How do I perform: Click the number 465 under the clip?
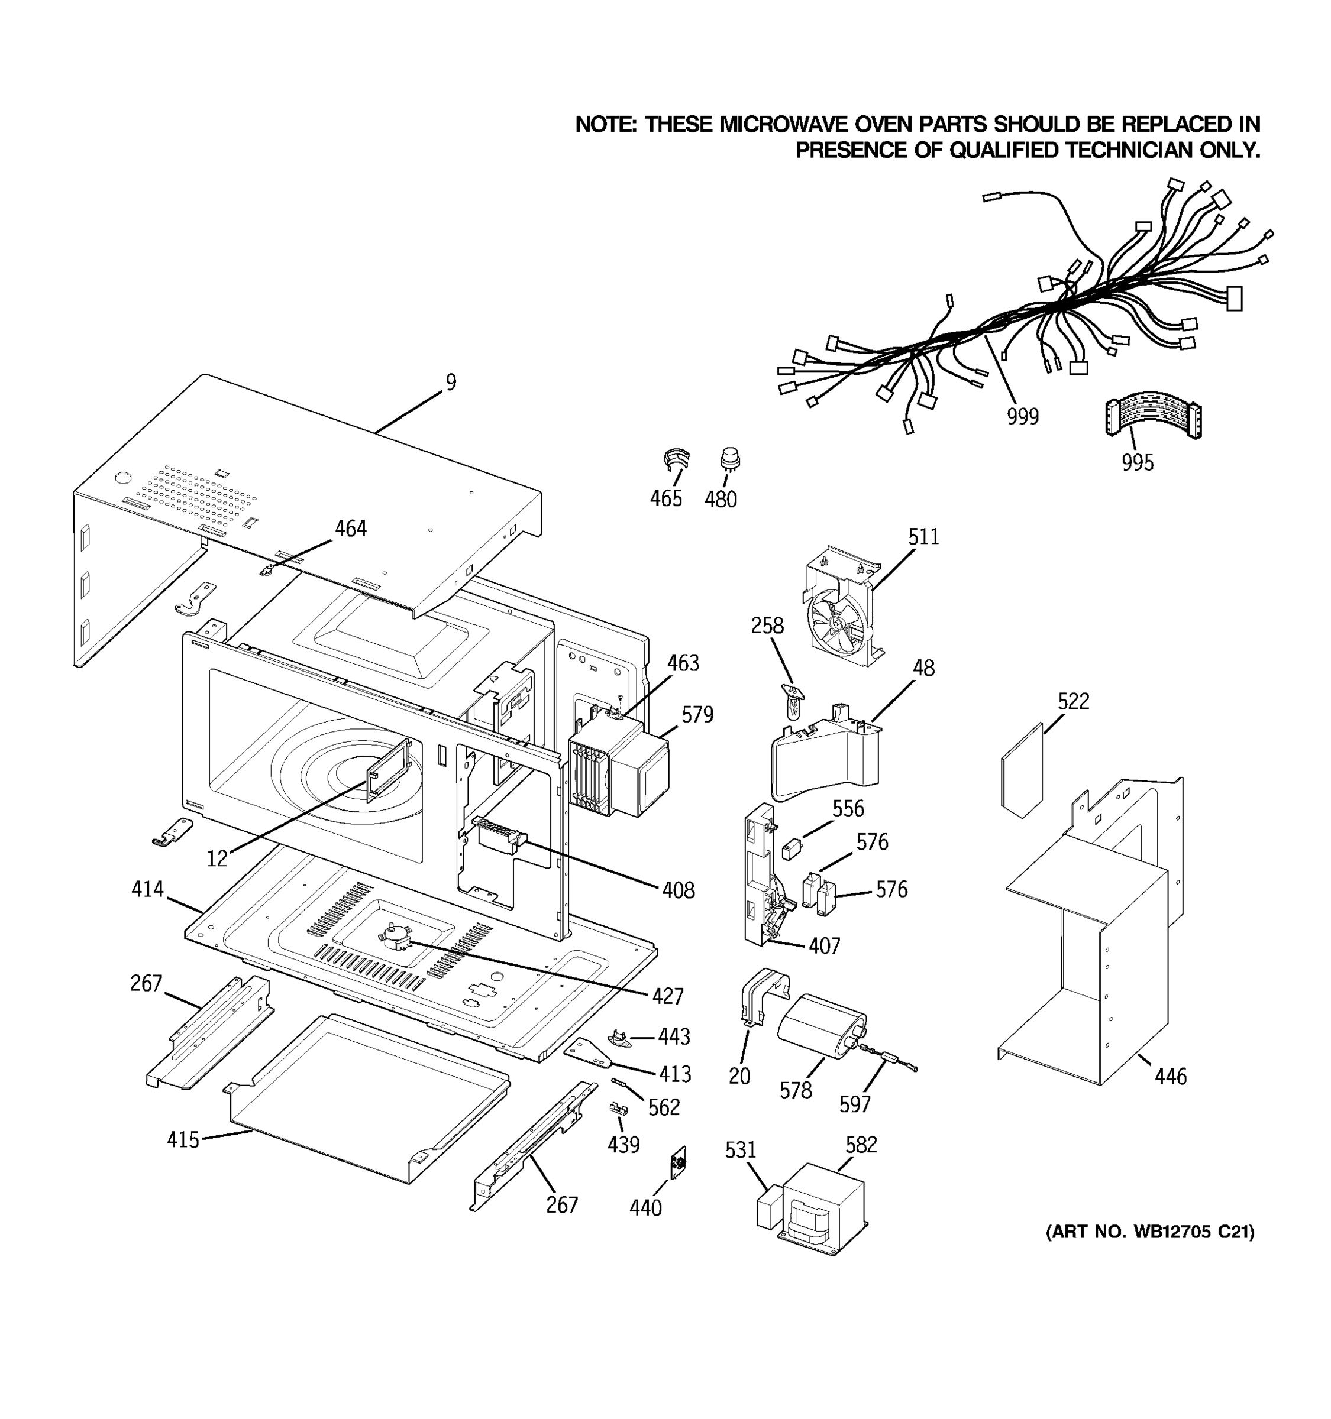(665, 498)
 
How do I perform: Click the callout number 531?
(740, 1150)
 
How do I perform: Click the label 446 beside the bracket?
(1170, 1075)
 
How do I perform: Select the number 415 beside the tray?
(183, 1139)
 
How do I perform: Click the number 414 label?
(147, 889)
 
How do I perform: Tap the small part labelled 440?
(679, 1165)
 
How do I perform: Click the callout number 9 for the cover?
(451, 382)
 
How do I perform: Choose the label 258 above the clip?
(767, 626)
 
